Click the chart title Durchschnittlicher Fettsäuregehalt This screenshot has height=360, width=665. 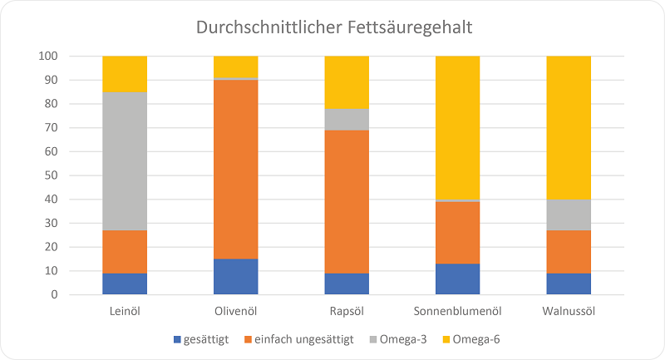point(333,27)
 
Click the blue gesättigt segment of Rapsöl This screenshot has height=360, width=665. point(347,284)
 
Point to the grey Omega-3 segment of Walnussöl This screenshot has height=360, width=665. point(569,215)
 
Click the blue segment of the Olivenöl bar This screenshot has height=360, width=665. point(235,276)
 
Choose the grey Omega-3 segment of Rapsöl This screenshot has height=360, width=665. point(347,120)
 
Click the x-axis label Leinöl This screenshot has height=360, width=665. point(125,311)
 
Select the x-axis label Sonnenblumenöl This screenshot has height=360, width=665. point(457,311)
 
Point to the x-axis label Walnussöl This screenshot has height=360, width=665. point(569,311)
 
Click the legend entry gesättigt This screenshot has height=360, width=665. point(204,339)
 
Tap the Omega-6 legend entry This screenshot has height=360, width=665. point(475,339)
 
